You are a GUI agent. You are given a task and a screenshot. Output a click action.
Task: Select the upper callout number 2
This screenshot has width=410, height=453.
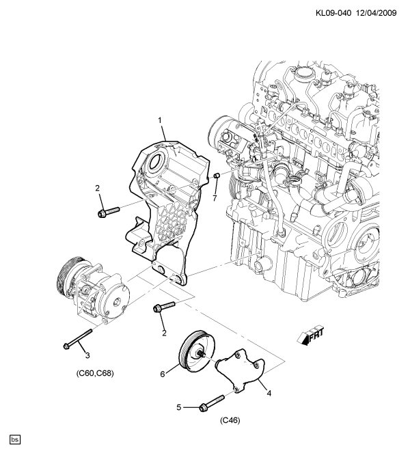pos(98,188)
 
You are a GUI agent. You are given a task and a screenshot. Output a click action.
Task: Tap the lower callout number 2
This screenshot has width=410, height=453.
pos(164,333)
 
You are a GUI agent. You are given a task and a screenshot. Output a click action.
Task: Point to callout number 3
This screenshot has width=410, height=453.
pos(87,354)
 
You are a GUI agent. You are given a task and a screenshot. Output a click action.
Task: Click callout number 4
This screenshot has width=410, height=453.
pos(269,394)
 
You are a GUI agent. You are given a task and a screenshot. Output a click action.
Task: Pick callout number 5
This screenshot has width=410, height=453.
pos(178,408)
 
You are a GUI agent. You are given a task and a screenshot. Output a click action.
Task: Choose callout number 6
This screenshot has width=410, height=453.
pos(163,374)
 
